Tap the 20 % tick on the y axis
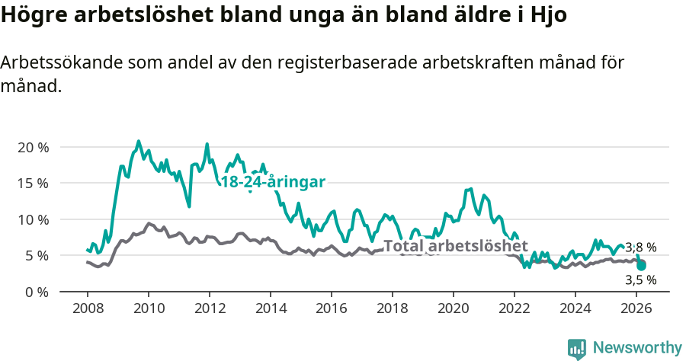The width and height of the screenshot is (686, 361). (x=33, y=147)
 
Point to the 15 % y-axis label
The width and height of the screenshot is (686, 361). (x=33, y=183)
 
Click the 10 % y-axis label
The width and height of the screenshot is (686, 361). (x=33, y=219)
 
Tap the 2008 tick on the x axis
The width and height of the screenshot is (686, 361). (x=87, y=309)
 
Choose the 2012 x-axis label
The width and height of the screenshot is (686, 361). (x=210, y=309)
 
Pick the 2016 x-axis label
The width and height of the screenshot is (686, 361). (x=332, y=309)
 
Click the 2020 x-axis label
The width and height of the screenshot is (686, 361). (x=454, y=309)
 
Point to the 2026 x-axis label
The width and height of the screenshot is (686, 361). (x=636, y=309)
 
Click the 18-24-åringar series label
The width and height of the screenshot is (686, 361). (x=273, y=182)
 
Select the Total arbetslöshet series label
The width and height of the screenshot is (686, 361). (x=455, y=246)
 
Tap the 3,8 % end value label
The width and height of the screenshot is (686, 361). (x=640, y=248)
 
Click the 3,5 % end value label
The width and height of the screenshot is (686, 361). (x=640, y=280)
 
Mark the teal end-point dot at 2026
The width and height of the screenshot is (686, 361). (x=642, y=266)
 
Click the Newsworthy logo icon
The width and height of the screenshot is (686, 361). (x=577, y=349)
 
